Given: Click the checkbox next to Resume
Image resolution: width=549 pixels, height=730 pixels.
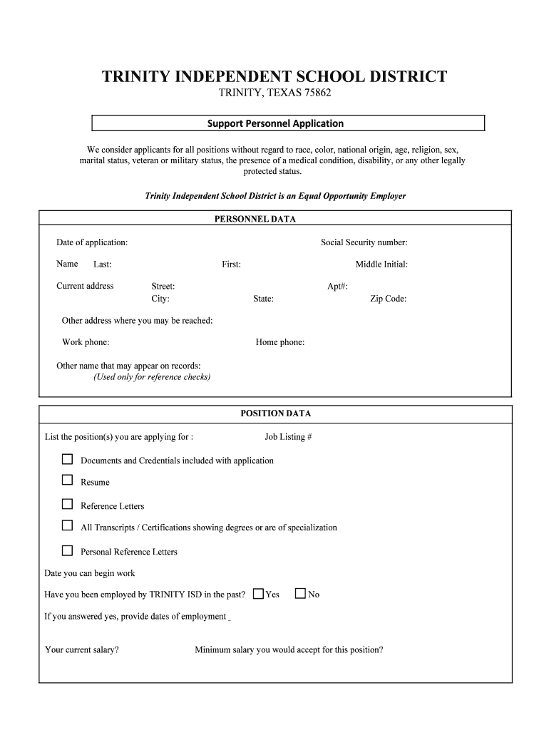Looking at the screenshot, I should point(67,480).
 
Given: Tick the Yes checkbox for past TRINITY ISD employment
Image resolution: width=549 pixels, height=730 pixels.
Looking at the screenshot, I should point(258,593).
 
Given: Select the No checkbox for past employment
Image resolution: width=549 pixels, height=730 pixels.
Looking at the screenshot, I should point(300,593).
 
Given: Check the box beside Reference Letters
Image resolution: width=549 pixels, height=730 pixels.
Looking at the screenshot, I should point(67,504).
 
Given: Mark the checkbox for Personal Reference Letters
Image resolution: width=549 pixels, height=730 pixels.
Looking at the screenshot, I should point(67,550).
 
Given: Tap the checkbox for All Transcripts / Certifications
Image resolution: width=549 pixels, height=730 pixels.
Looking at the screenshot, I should point(67,526).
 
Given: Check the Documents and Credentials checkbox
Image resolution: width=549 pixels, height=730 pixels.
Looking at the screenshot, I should point(67,459).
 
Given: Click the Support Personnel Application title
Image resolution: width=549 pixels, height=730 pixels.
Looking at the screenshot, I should point(275,123).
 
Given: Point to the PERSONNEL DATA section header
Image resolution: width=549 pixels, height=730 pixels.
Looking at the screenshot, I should point(255,219).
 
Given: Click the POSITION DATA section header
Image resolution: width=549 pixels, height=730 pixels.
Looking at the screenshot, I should point(275,413).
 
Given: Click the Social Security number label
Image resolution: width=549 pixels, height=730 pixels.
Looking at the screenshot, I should point(364,242).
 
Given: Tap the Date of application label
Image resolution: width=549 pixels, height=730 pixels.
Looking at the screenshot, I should point(92,242).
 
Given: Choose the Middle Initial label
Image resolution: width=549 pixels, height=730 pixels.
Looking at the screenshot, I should point(381,264).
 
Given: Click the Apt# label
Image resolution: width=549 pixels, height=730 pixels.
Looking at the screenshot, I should point(337,286).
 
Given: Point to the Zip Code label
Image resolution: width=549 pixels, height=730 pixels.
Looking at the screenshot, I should point(388,299).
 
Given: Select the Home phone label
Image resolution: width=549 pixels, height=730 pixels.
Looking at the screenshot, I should point(279,342).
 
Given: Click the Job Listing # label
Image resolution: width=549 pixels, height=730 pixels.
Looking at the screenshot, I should point(288,437).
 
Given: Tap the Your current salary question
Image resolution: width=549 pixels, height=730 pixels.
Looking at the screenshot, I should point(81,650).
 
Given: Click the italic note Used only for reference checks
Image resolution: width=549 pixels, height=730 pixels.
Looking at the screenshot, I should point(152,377).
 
